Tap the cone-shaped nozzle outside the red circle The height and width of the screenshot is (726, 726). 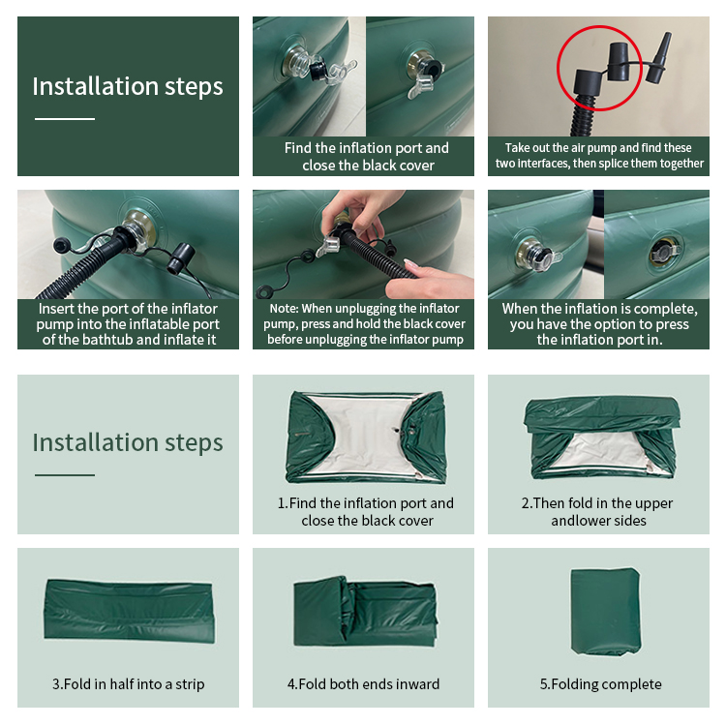point(660,58)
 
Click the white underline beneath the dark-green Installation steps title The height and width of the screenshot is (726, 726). point(65,119)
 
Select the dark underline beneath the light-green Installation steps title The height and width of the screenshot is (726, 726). point(65,475)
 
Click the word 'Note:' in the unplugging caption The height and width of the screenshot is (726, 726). point(285,309)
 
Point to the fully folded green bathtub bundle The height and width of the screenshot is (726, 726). point(606,611)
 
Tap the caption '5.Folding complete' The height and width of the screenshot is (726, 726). point(600,683)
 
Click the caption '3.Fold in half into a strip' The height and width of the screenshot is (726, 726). point(128,683)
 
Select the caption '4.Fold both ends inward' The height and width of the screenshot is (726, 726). point(363,683)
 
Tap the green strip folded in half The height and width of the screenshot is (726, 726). point(129,610)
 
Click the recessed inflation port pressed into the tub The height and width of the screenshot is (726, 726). point(665,251)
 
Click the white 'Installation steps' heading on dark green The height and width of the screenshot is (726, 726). point(128,87)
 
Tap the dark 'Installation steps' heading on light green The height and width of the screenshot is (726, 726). point(128,443)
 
